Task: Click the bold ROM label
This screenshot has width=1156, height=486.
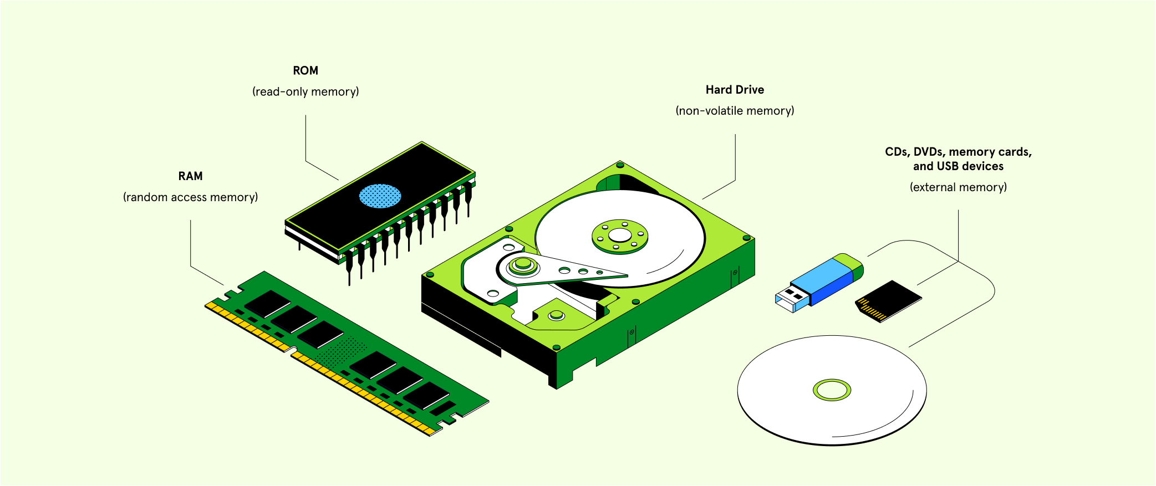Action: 305,71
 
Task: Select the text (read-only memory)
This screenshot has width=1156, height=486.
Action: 305,92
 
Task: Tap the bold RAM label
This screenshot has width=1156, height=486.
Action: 190,176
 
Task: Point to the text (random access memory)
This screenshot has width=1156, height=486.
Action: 190,197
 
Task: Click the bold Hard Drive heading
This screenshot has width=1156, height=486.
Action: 735,90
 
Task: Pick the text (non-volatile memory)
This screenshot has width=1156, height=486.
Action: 735,111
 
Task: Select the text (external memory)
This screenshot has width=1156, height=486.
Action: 958,187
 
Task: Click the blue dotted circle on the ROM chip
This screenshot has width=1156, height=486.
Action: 380,196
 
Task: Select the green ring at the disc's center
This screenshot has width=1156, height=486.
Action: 832,390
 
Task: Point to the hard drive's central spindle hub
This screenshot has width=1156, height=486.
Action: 620,236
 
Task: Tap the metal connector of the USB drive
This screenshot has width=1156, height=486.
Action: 790,298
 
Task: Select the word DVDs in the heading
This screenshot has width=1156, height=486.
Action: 929,152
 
